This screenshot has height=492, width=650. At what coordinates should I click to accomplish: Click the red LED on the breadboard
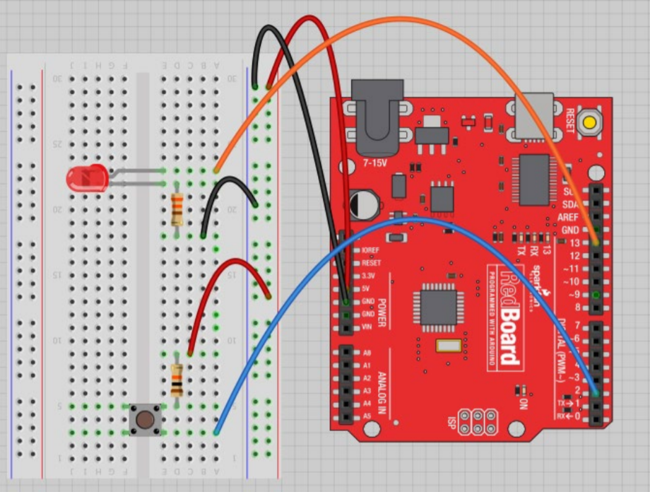(86, 178)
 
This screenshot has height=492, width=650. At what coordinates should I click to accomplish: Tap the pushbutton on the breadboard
(146, 419)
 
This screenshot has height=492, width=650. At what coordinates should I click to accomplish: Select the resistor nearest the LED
(177, 208)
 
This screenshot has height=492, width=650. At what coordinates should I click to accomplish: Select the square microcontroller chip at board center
(438, 306)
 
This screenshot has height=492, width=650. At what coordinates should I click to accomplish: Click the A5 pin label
(367, 416)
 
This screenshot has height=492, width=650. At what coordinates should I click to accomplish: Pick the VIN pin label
(366, 327)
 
